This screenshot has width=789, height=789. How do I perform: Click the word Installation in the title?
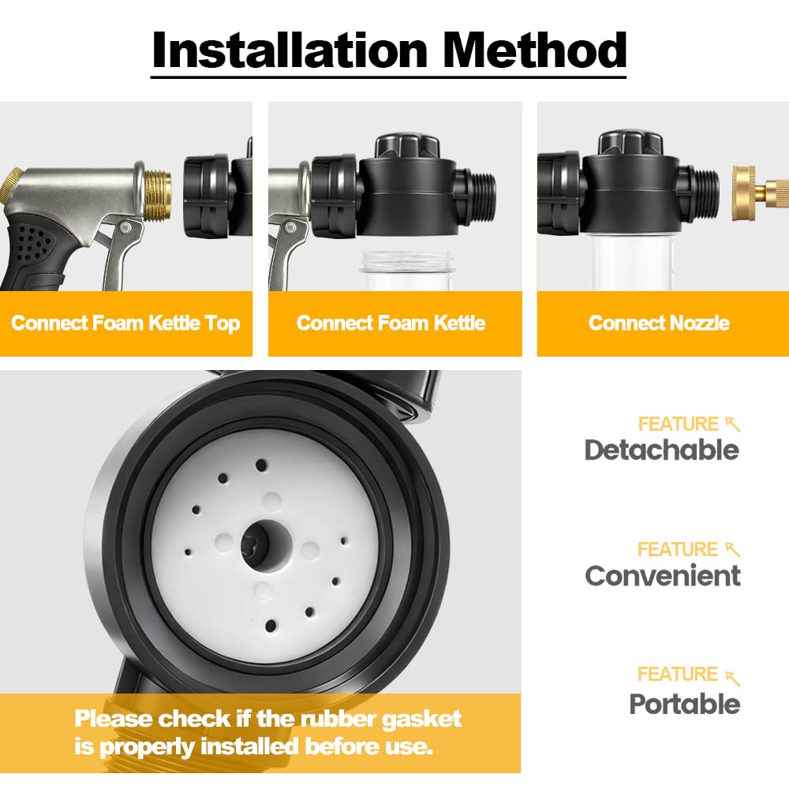[290, 50]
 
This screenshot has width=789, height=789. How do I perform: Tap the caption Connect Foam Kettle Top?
[125, 323]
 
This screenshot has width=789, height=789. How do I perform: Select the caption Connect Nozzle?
[659, 323]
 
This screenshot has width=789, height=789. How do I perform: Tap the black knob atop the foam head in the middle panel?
[408, 147]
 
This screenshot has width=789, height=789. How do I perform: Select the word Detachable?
[662, 450]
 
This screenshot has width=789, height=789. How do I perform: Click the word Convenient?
[663, 575]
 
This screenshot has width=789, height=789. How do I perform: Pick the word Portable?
[684, 704]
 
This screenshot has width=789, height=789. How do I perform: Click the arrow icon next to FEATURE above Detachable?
[733, 424]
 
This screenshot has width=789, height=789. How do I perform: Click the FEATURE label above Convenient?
[677, 549]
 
